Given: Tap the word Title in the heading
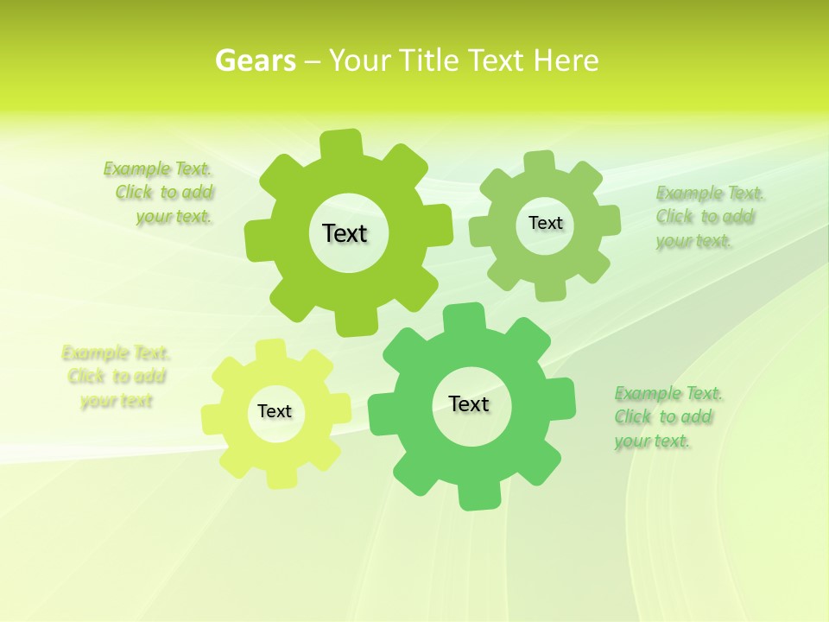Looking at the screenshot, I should click(x=431, y=60).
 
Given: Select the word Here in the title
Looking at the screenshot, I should click(x=566, y=60).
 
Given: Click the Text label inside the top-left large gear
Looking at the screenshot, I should click(x=345, y=233).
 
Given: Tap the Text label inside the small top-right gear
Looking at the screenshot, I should click(x=545, y=223).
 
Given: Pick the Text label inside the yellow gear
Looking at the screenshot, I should click(x=275, y=411).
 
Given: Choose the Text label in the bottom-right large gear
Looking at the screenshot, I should click(x=469, y=403).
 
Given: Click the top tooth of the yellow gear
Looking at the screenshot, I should click(x=271, y=350).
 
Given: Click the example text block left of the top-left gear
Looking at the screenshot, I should click(x=160, y=193).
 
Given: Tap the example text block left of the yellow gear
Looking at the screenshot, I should click(x=116, y=377).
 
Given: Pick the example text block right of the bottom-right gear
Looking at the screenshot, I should click(x=667, y=417).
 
